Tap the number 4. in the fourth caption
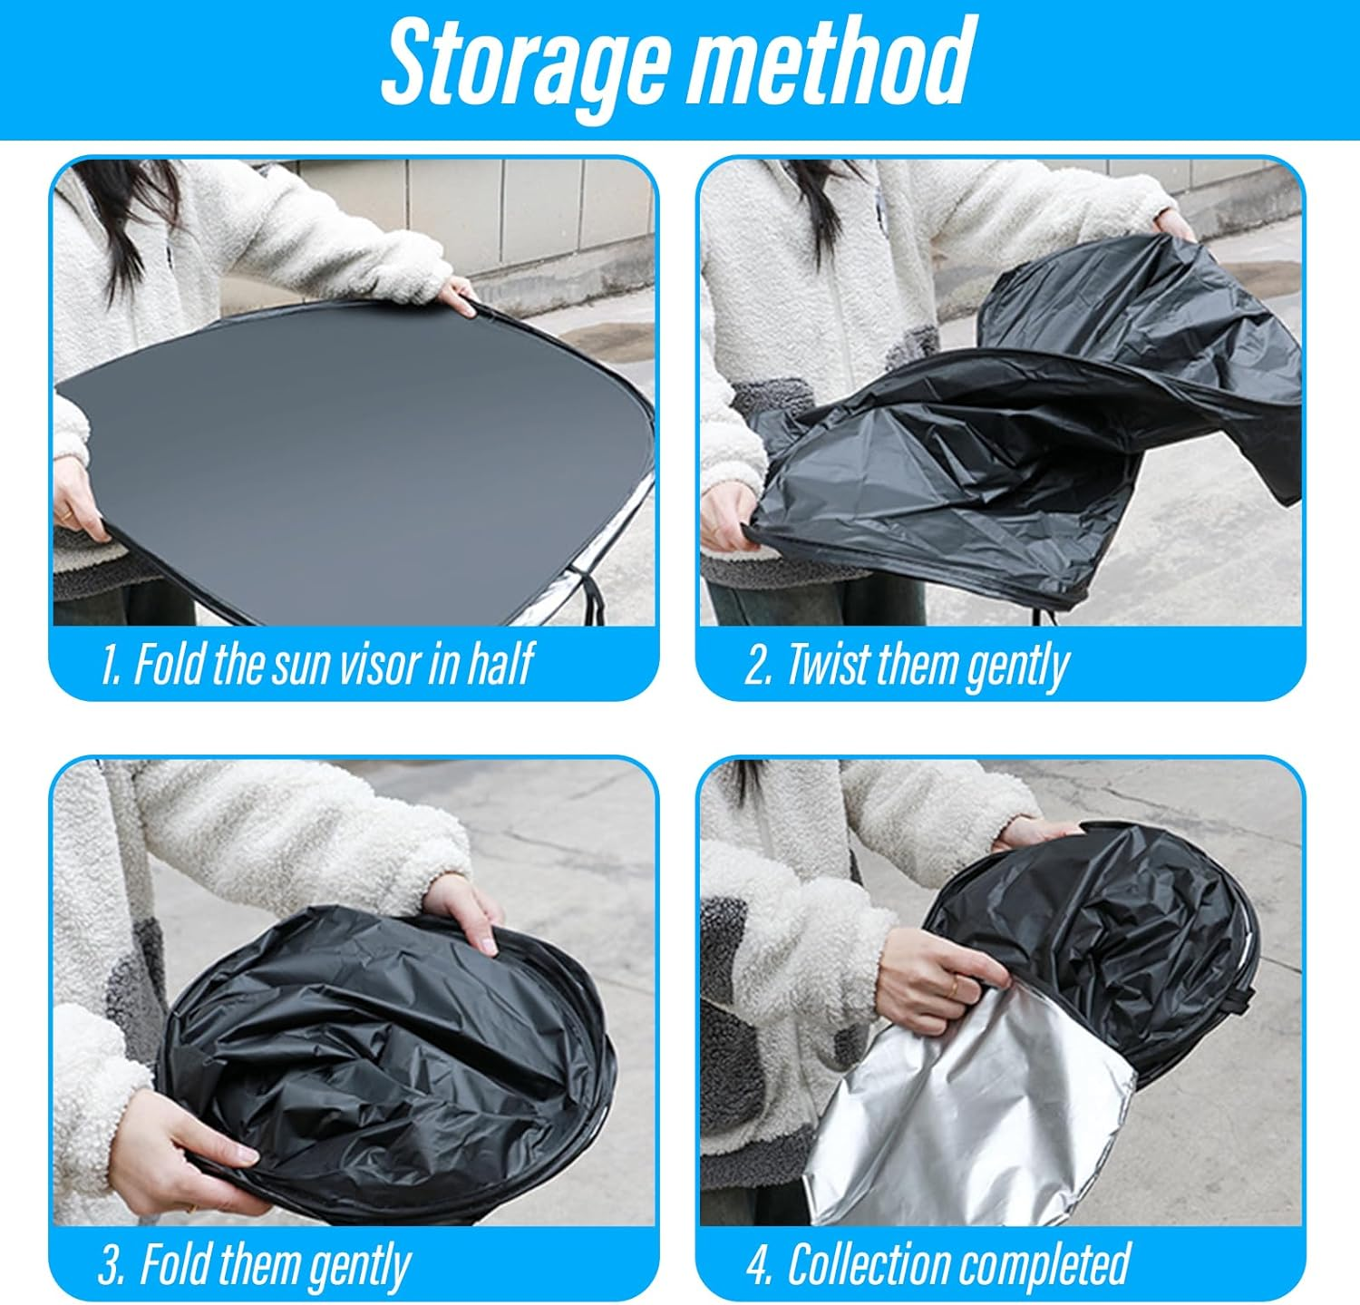click(x=759, y=1265)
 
